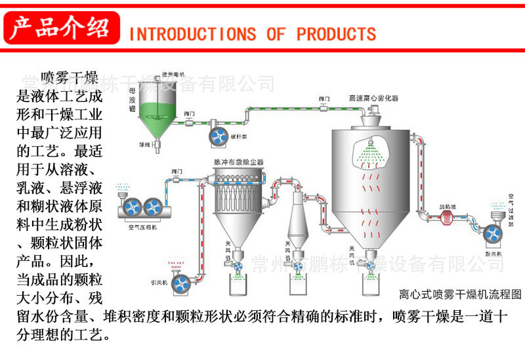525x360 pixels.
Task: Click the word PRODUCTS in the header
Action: coord(336,33)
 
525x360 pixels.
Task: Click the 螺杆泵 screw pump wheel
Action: coord(217,134)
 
